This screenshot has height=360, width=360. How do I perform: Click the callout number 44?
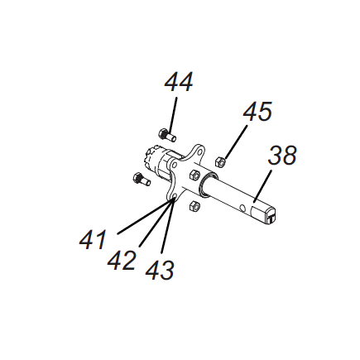click(x=179, y=83)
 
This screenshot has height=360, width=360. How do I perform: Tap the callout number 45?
click(x=257, y=113)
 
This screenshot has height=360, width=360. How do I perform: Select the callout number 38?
click(x=281, y=156)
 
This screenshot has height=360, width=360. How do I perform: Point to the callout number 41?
click(x=93, y=240)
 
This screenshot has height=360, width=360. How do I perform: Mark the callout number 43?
click(x=160, y=270)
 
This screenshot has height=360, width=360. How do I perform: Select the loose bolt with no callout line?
click(x=140, y=177)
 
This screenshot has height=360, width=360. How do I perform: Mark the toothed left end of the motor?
click(x=152, y=156)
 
